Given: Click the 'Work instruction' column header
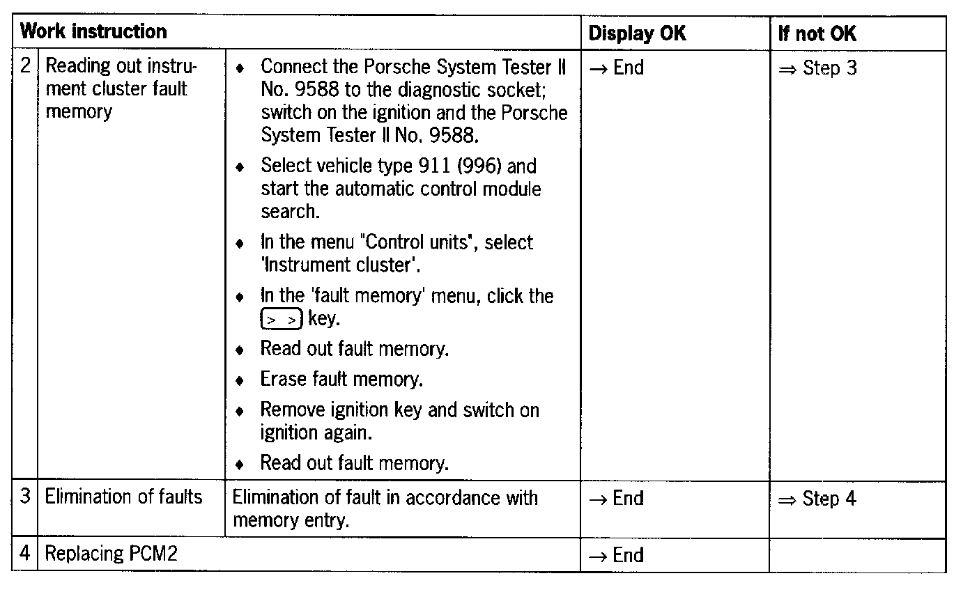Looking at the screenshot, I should (x=93, y=32).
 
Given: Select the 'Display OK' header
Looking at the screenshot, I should (x=637, y=33).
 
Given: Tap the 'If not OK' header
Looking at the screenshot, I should (x=817, y=33).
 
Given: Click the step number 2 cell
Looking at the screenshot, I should (x=25, y=67).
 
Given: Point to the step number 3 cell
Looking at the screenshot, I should (x=25, y=497).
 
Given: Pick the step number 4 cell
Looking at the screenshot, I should (x=25, y=554).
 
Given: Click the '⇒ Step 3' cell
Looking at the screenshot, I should (x=817, y=68).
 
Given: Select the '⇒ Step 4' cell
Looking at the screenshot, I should (x=817, y=499).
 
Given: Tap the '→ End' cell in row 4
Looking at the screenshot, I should (x=616, y=555).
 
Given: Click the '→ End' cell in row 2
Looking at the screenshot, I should (x=616, y=68).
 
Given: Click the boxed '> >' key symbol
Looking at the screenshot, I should (x=281, y=320).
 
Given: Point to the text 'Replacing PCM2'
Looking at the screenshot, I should (x=111, y=554).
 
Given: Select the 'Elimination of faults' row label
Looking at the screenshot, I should (x=123, y=497).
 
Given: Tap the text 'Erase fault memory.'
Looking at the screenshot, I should (x=341, y=380).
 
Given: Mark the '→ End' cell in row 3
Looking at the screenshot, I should (x=616, y=499).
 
